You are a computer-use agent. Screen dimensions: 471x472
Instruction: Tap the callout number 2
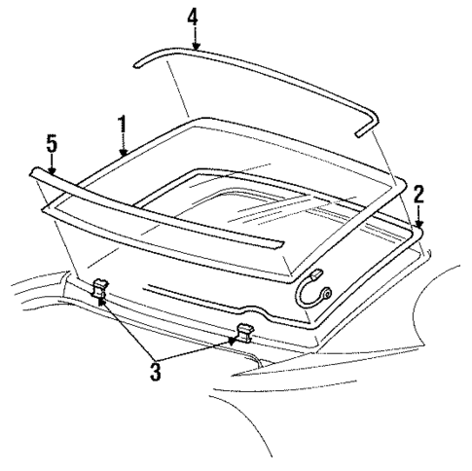(418, 193)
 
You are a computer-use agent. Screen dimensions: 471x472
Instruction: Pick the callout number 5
(52, 144)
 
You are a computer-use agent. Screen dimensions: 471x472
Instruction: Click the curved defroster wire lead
(309, 281)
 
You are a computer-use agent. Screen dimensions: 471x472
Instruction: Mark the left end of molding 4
(137, 62)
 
